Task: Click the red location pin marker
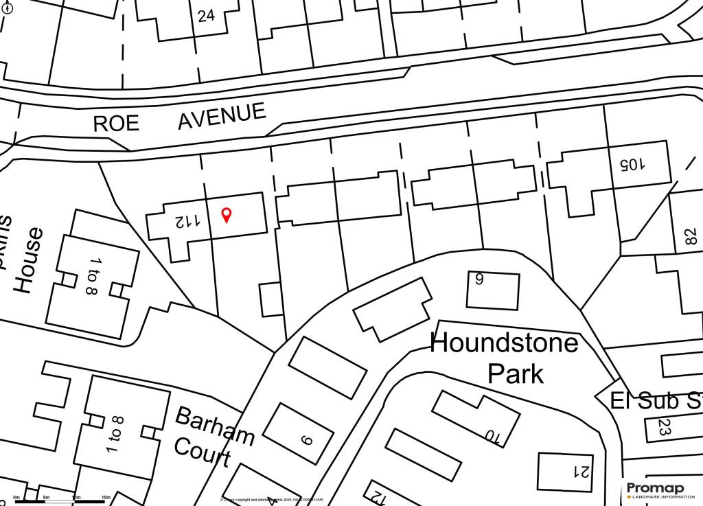click(227, 215)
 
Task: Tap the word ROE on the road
click(116, 123)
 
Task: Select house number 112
click(187, 221)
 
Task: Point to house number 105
click(632, 164)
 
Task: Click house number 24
click(206, 15)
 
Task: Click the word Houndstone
click(504, 342)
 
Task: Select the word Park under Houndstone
click(515, 373)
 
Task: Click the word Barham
click(215, 425)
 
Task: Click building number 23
click(664, 426)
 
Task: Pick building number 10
click(492, 435)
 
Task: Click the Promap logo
click(655, 490)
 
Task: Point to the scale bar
click(60, 502)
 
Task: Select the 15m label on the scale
click(106, 497)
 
